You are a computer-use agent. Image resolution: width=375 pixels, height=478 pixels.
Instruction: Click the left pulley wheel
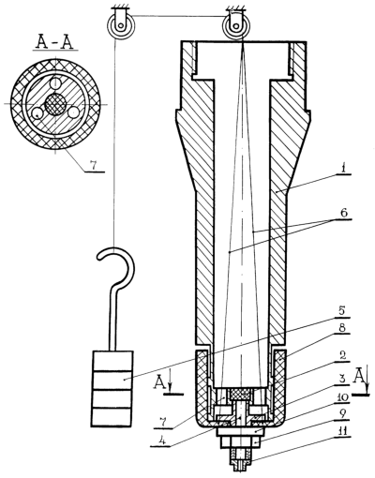(x=119, y=25)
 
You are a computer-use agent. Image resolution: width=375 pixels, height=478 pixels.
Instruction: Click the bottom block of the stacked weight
(x=112, y=417)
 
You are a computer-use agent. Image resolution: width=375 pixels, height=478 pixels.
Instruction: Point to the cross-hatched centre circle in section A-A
(x=55, y=104)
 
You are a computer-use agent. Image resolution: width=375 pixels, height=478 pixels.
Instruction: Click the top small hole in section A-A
(x=55, y=82)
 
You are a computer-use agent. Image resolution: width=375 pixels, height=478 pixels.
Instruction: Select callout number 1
(x=343, y=168)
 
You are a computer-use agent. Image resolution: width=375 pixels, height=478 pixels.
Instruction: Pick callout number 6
(x=343, y=213)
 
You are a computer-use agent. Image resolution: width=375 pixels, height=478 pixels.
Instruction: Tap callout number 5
(x=341, y=311)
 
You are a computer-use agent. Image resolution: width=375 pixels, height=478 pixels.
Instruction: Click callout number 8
(x=342, y=328)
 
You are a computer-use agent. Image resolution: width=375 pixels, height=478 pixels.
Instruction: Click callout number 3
(x=342, y=380)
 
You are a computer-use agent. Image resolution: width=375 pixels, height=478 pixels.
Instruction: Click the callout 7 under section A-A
(x=93, y=167)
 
